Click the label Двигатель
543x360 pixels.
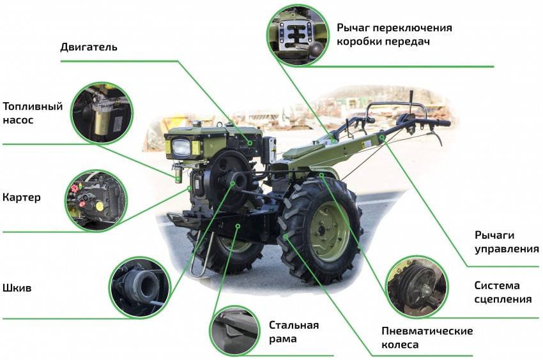(89, 47)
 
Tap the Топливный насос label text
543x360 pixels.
(33, 113)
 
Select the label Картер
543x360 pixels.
(22, 198)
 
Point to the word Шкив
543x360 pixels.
(17, 288)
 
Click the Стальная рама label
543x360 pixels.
(294, 332)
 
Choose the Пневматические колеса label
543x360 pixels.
(427, 338)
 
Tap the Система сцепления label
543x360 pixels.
(503, 292)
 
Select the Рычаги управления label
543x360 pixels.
(507, 242)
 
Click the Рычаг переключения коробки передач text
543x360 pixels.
(394, 34)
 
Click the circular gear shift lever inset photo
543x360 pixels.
(298, 35)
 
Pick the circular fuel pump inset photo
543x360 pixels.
(102, 113)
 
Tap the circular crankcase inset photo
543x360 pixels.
(96, 201)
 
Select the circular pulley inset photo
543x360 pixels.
(140, 288)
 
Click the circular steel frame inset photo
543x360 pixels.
(235, 331)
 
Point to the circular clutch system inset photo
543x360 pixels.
(417, 287)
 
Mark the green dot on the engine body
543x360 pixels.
(250, 142)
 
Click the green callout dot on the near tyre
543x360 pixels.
(285, 237)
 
